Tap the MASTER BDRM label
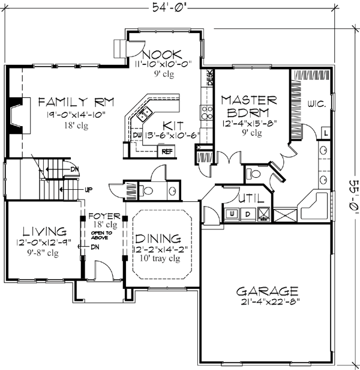point(248,106)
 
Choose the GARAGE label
point(266,290)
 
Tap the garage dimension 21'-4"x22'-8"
point(266,302)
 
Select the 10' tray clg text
point(158,259)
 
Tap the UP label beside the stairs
point(88,190)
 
